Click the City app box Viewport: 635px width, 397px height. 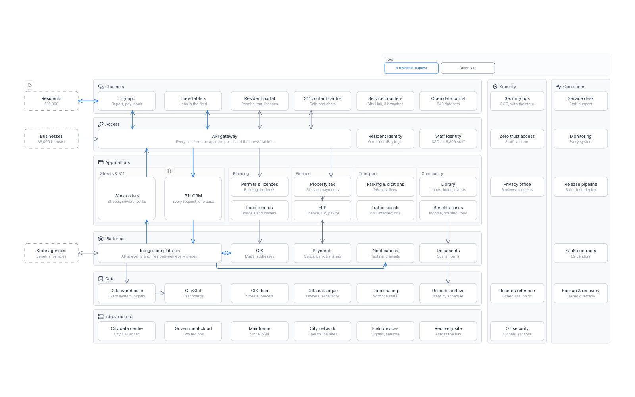[x=127, y=101]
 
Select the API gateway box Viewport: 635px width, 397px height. [x=225, y=139]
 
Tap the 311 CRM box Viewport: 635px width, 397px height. [x=193, y=198]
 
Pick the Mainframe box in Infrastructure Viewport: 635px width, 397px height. [x=260, y=331]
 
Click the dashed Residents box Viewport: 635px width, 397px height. [x=51, y=101]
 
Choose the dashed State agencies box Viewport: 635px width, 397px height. [x=51, y=253]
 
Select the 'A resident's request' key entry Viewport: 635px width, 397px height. [x=411, y=68]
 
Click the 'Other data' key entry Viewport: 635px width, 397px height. [x=468, y=68]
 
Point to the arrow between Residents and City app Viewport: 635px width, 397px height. [x=88, y=101]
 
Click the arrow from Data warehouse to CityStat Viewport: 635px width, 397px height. [x=160, y=293]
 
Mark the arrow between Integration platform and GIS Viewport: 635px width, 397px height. [x=226, y=253]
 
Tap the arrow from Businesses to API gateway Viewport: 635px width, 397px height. [x=88, y=139]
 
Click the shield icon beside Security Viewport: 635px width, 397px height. [x=495, y=87]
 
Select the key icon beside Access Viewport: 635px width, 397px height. [x=101, y=124]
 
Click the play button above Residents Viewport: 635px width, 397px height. [x=29, y=85]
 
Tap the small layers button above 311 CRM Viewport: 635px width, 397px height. [x=169, y=171]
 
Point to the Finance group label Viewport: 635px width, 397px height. [x=303, y=173]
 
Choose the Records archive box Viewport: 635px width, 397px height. [x=448, y=293]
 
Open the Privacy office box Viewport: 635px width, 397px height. [x=517, y=187]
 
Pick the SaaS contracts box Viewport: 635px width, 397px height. [x=581, y=253]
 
